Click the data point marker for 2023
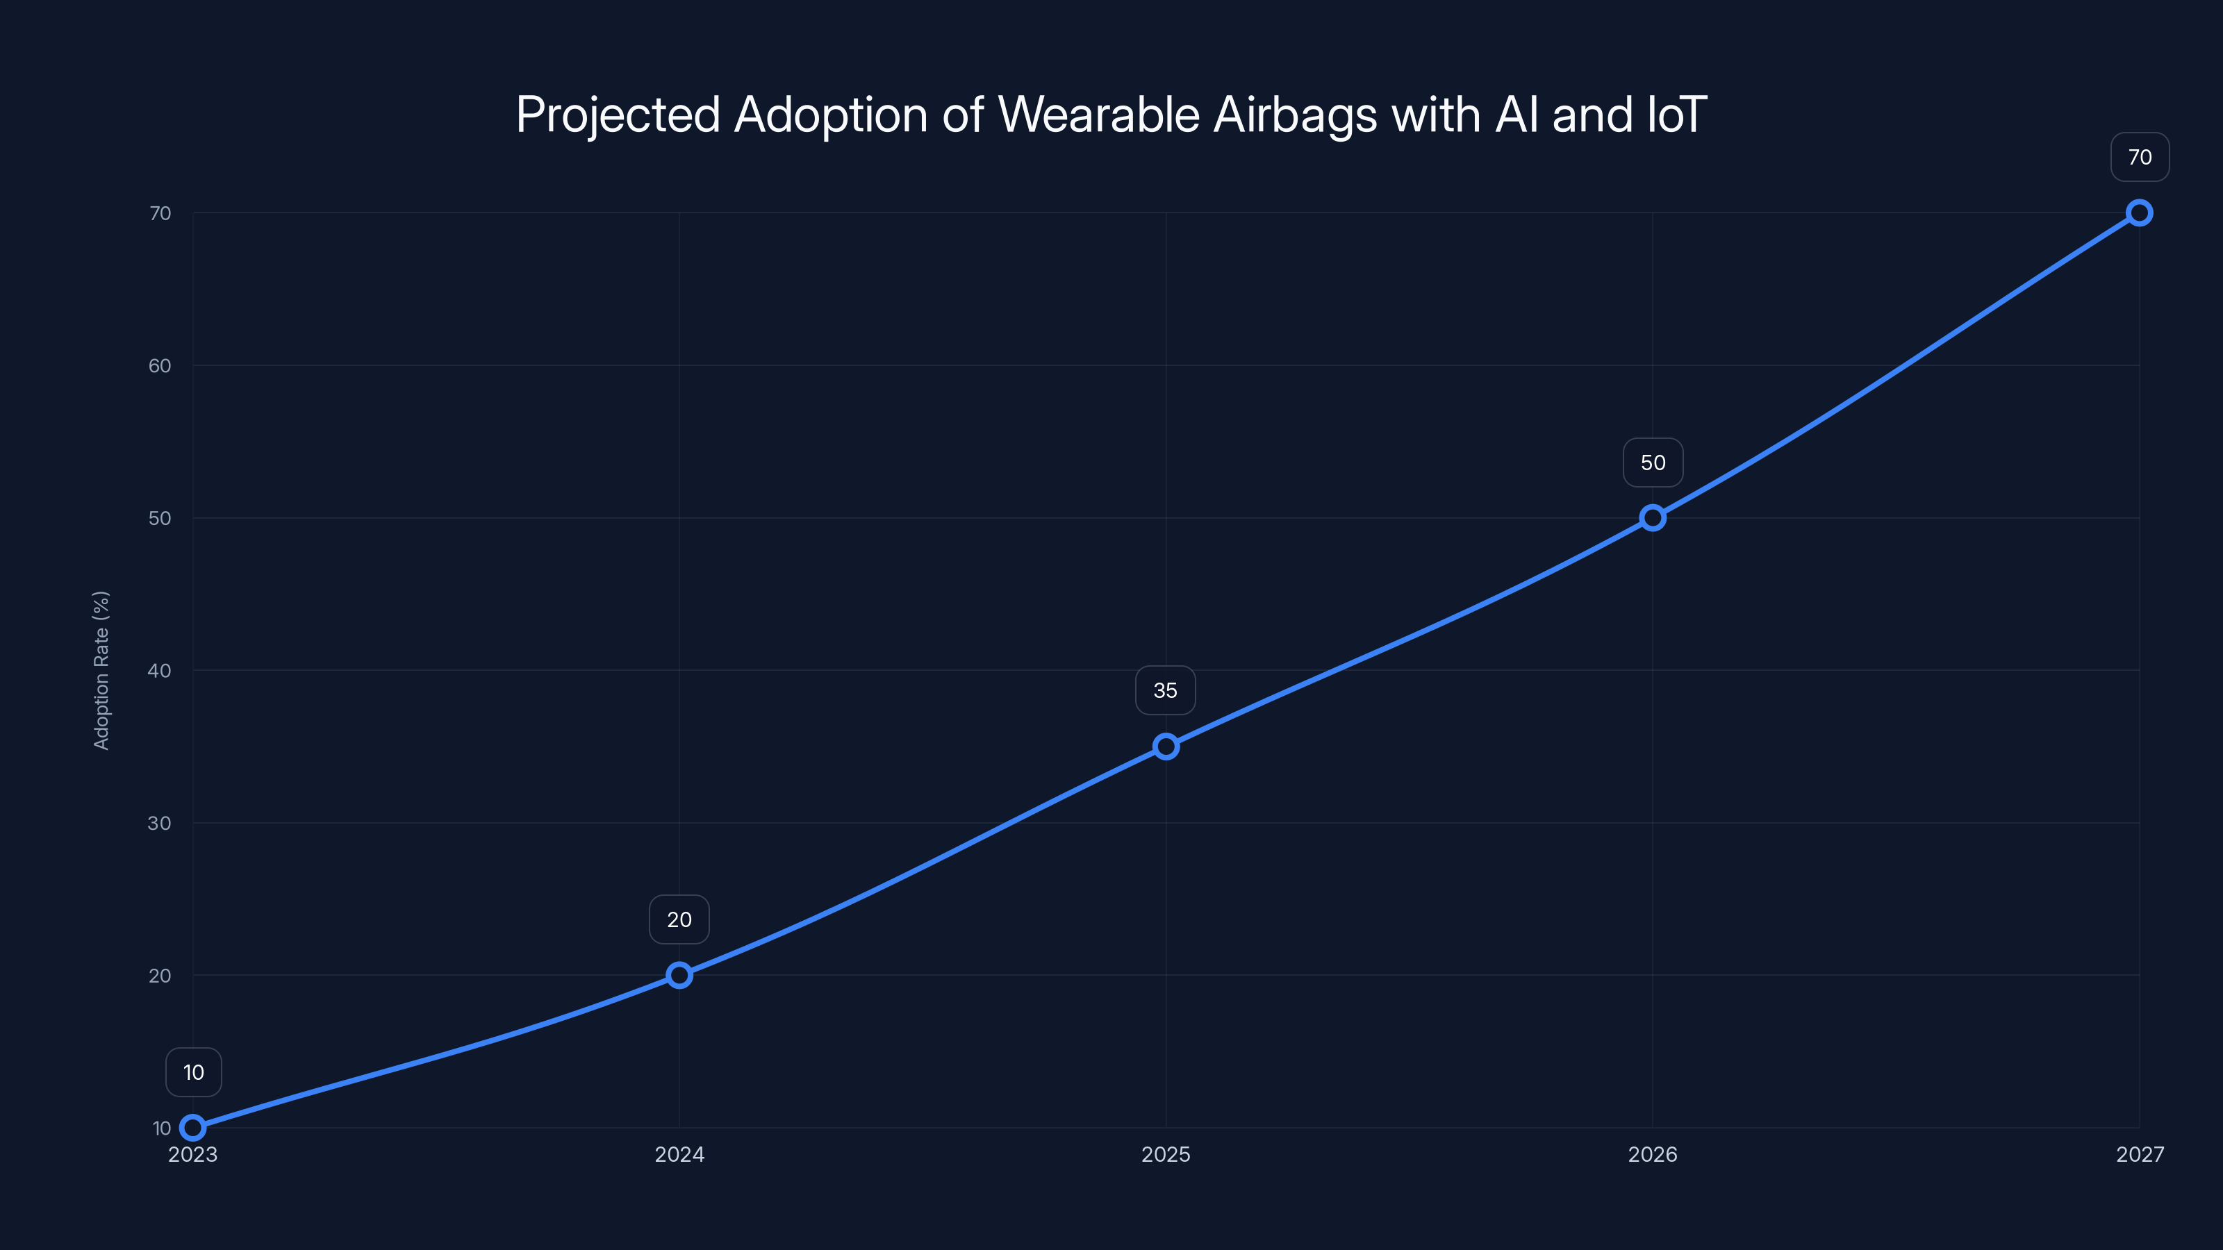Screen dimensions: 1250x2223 point(192,1128)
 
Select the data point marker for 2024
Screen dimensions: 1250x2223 point(679,975)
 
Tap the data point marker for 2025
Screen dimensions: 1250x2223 point(1166,747)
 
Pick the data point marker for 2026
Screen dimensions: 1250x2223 point(1653,517)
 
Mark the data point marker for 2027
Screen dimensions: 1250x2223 point(2140,213)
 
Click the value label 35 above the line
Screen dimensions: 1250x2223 point(1165,690)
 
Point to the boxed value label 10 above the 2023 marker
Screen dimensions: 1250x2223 point(193,1072)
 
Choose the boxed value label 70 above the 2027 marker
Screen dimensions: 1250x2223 point(2140,157)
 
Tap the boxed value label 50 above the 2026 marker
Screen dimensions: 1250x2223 point(1653,462)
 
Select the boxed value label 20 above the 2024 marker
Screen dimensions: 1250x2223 point(679,919)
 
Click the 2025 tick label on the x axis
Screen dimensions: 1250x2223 point(1166,1154)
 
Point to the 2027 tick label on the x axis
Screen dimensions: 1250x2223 point(2140,1154)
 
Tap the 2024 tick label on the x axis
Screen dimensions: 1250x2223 point(679,1154)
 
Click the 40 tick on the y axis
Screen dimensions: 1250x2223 point(160,670)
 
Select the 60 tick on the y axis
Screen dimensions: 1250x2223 point(160,366)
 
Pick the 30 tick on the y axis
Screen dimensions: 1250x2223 point(160,823)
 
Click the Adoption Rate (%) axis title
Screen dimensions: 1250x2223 point(101,670)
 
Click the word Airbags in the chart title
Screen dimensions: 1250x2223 point(1296,115)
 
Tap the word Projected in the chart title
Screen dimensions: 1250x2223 point(618,115)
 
